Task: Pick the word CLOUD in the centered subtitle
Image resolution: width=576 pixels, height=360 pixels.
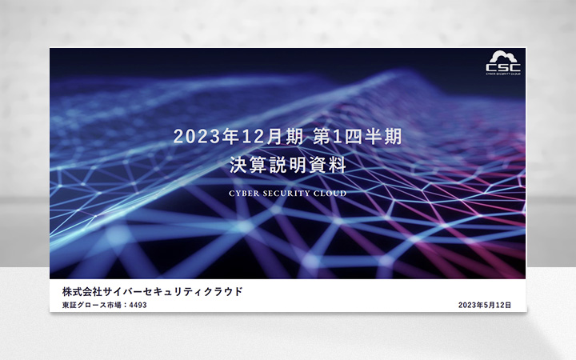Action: pyautogui.click(x=331, y=193)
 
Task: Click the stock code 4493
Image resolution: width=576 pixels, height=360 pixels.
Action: pyautogui.click(x=138, y=305)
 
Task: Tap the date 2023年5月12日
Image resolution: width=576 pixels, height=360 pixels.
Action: pyautogui.click(x=485, y=305)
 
